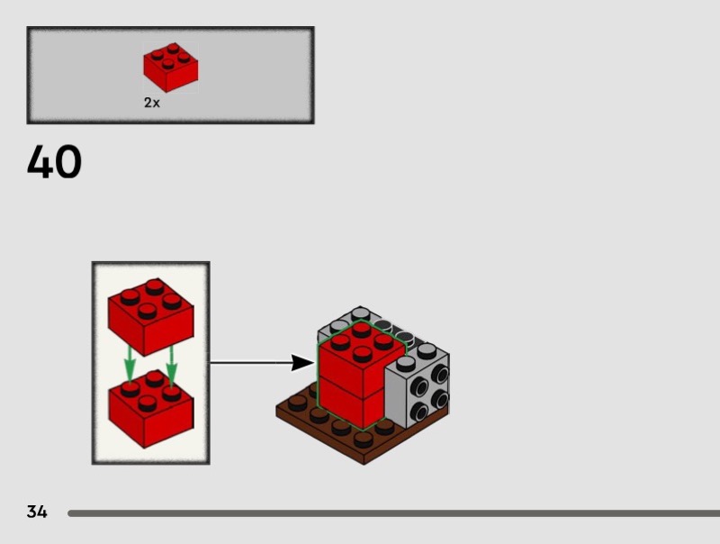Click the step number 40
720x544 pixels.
54,163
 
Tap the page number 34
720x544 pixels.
37,512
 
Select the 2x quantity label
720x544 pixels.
152,103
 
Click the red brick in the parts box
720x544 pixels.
170,68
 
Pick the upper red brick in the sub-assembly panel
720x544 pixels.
150,316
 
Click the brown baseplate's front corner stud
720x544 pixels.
363,439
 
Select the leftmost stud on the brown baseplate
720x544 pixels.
297,403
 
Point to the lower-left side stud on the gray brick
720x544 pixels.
418,411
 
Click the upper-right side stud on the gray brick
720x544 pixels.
440,370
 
